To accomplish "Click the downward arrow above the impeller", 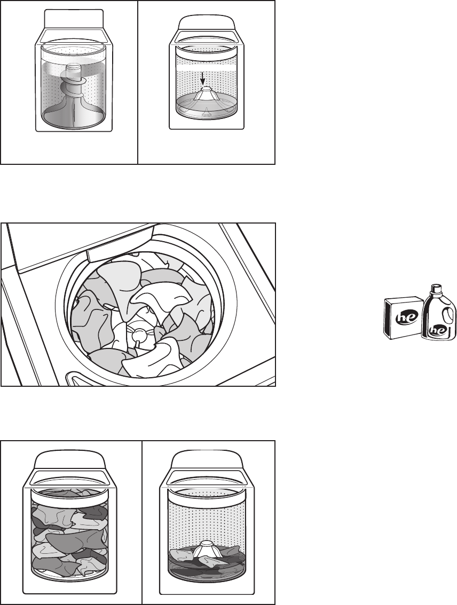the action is [203, 79].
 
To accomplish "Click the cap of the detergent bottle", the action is [436, 288].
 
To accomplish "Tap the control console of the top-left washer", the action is [74, 19].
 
